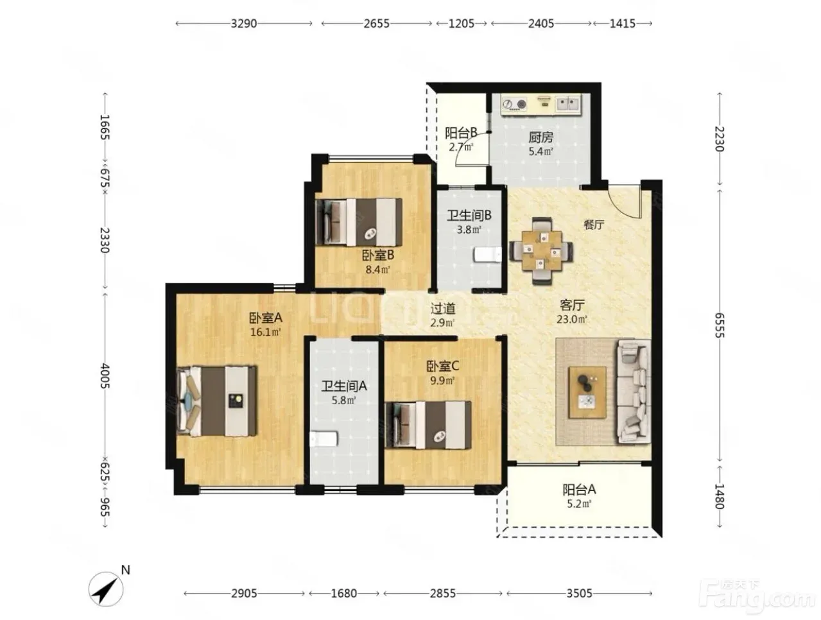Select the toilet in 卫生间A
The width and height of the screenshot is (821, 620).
pos(322,438)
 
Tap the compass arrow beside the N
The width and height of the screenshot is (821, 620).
pos(105,592)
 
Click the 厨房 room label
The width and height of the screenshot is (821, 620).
pos(537,137)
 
